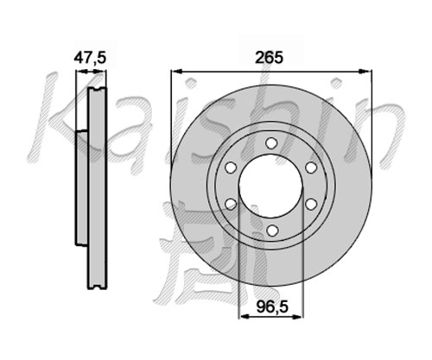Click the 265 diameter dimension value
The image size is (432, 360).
click(x=270, y=58)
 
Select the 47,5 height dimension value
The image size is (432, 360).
click(x=90, y=58)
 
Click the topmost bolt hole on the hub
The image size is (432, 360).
click(x=271, y=143)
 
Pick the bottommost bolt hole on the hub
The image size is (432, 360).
click(x=271, y=231)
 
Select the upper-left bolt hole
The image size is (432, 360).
click(x=231, y=167)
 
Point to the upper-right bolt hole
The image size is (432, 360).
click(x=311, y=167)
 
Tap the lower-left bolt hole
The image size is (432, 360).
click(x=231, y=205)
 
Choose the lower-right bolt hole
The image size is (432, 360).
click(x=311, y=205)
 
